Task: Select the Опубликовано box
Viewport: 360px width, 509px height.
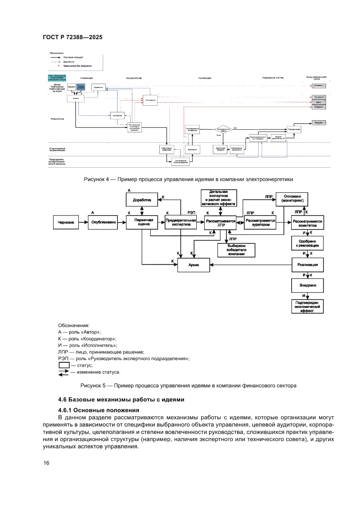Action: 104,222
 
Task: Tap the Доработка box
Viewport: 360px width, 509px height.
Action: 141,200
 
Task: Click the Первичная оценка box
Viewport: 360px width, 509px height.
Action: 141,223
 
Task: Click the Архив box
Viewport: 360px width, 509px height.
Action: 193,265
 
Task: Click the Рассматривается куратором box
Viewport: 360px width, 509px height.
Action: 261,222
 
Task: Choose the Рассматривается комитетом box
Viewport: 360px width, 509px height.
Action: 307,223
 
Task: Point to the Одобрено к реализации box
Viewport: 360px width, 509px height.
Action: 307,243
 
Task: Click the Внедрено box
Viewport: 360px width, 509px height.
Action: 307,286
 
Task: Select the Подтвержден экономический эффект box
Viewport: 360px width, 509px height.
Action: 307,306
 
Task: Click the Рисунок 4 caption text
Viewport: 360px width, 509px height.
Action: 188,179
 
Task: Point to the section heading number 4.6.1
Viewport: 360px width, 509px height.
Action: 67,410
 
